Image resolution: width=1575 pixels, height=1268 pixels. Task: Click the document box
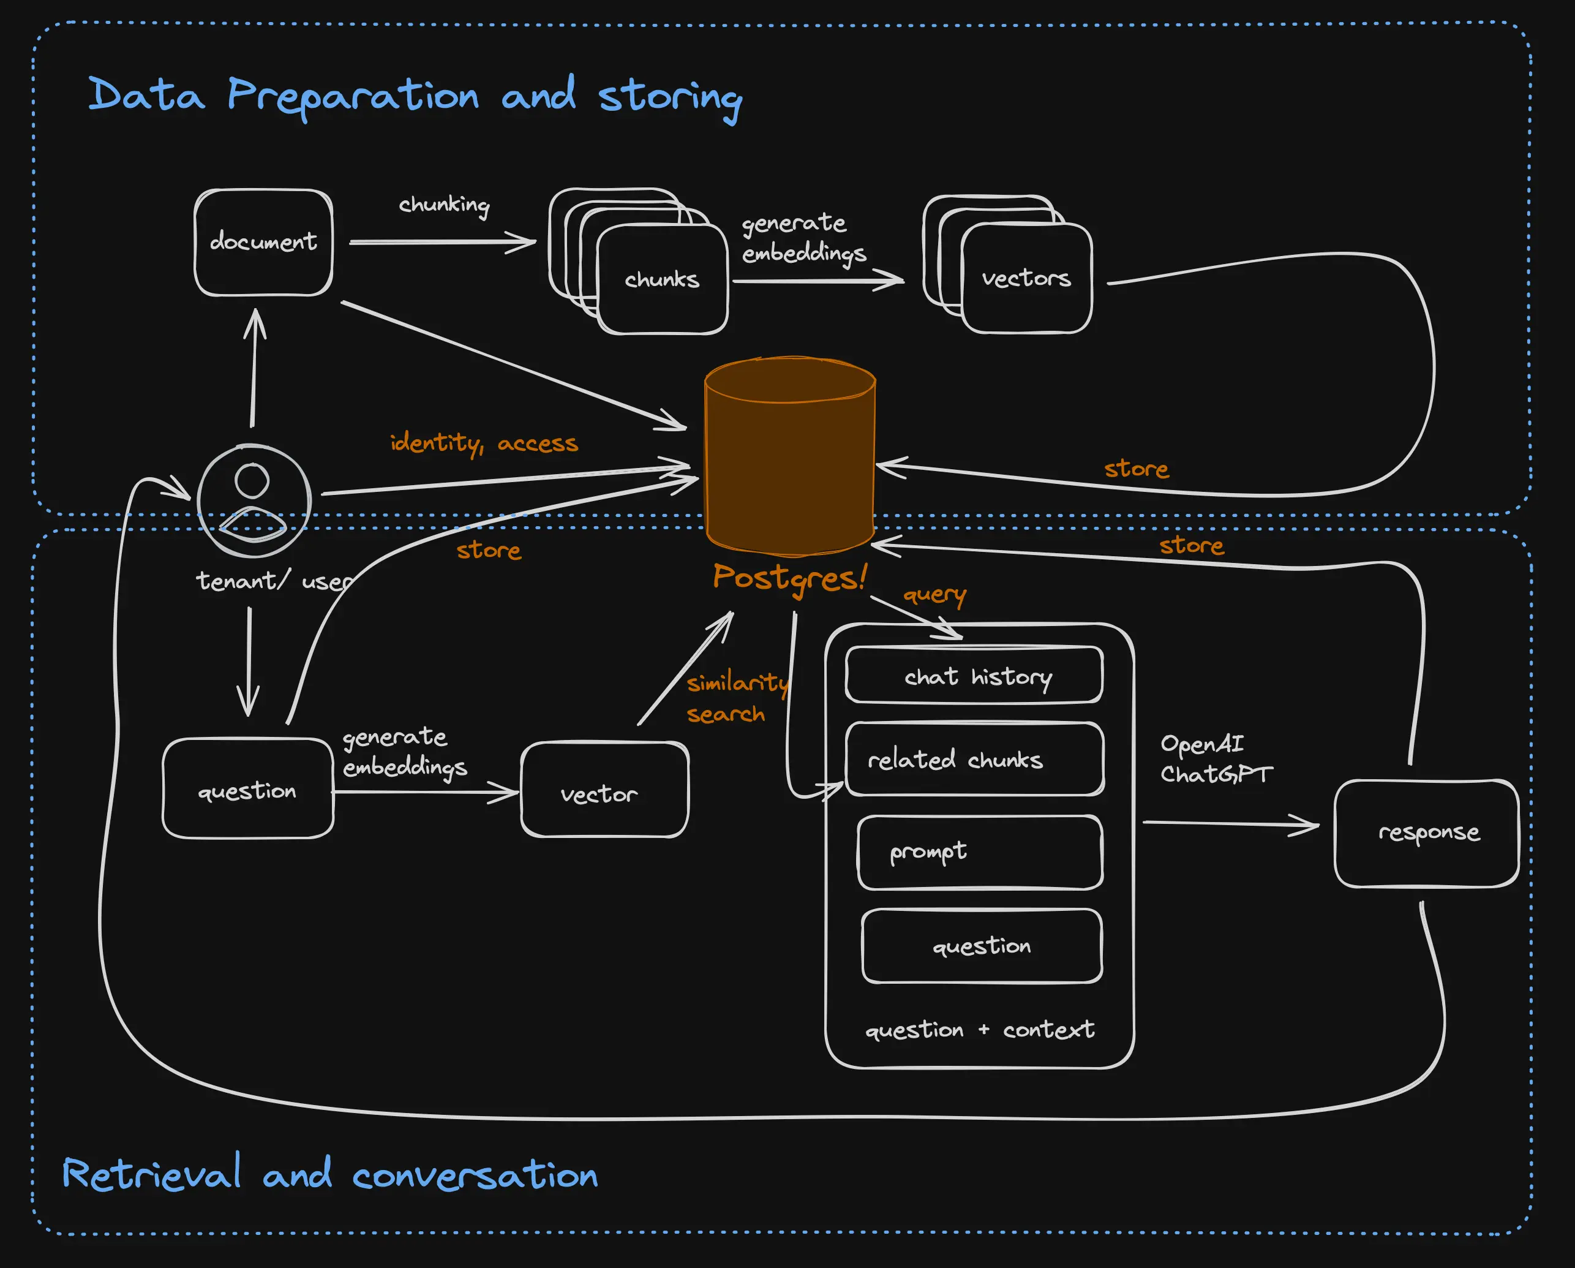(x=263, y=243)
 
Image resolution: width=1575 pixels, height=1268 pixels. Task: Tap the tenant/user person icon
(x=254, y=500)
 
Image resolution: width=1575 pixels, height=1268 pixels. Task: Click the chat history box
(x=974, y=675)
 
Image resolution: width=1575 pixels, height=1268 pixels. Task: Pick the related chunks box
(x=974, y=760)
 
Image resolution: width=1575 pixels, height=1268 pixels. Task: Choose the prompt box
(x=980, y=852)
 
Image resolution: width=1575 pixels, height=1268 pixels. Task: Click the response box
(x=1426, y=833)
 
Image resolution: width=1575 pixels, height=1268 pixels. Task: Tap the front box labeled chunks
(x=662, y=279)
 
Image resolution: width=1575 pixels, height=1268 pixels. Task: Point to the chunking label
(x=443, y=205)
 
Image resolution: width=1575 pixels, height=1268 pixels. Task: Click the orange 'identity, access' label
(x=484, y=443)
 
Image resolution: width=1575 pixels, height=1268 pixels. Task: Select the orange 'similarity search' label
(x=734, y=698)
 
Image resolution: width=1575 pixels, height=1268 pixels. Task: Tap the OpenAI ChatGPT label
(x=1215, y=758)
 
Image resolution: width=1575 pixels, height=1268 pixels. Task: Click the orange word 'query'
(x=934, y=595)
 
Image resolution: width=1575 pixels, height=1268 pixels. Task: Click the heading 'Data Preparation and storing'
(x=414, y=96)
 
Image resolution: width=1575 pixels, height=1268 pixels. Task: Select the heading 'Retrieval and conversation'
(x=329, y=1174)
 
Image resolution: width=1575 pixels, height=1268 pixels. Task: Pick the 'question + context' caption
(x=980, y=1030)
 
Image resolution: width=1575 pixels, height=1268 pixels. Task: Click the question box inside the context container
(x=981, y=946)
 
